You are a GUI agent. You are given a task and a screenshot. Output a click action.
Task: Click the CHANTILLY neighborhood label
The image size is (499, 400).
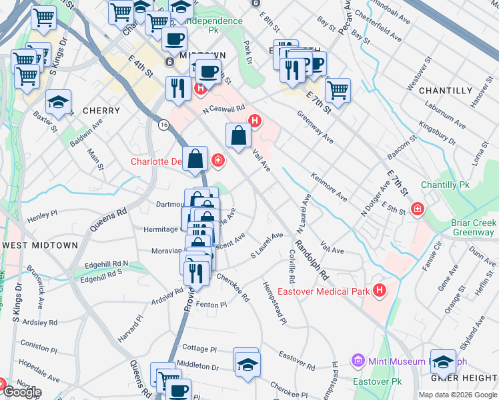point(448,91)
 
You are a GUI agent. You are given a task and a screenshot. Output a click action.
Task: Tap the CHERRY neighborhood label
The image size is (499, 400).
point(101,111)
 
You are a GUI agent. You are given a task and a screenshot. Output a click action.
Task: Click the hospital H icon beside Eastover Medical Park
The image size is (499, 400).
point(380,291)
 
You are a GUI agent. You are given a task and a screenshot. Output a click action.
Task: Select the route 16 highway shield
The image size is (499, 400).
point(163,124)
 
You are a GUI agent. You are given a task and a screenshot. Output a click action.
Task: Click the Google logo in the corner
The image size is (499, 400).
point(22,391)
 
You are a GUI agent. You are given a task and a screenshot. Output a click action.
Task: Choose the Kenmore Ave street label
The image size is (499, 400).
point(329,187)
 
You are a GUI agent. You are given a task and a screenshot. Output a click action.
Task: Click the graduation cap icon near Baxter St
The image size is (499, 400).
point(59,102)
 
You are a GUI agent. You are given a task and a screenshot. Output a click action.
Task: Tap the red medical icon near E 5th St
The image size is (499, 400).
point(418,209)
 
